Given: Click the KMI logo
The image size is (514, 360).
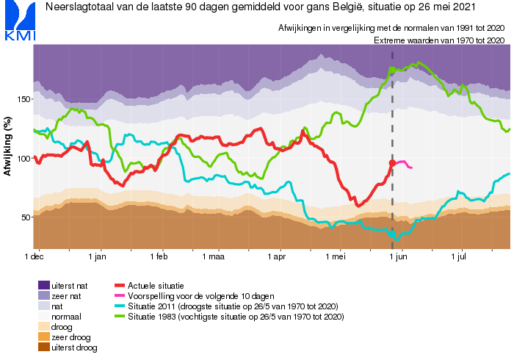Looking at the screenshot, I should coord(18,22).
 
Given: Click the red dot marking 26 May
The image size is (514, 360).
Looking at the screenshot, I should coord(392,163).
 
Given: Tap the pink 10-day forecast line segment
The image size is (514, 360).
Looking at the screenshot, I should coord(404,164).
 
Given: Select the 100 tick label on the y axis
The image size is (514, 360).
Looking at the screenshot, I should coord(25,158).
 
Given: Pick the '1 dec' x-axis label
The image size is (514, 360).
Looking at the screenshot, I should coord(35,257).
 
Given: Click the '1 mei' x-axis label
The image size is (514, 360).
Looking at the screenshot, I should coord(336,257).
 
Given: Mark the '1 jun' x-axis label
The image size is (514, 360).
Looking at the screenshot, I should coord(399,257).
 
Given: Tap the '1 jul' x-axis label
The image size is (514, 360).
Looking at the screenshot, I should coord(460,257).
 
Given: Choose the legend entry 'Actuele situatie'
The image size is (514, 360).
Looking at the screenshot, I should coord(153,284).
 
